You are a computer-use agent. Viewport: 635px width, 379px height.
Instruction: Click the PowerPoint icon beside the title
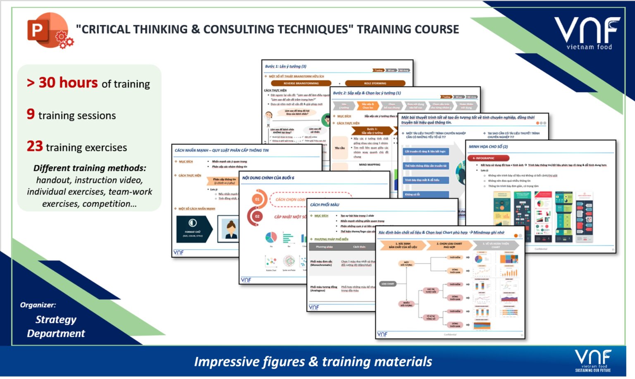pos(49,31)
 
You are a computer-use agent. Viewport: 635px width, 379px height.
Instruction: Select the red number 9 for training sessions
pos(31,114)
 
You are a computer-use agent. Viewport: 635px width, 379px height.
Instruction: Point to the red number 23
pos(35,146)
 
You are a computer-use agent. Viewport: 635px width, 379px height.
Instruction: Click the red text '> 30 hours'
pos(62,83)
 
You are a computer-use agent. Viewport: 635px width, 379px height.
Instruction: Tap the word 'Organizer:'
pos(38,305)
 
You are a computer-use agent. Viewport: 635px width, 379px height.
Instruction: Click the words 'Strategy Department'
pos(56,327)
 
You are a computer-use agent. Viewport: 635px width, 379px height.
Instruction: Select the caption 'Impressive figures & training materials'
pos(313,362)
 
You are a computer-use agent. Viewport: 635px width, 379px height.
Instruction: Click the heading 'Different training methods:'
pos(90,168)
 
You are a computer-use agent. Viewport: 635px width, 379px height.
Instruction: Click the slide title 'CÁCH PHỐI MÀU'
pos(325,205)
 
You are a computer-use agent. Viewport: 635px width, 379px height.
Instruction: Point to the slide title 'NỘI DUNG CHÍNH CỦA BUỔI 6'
pos(268,178)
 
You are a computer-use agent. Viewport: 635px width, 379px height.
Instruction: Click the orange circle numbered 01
pos(257,199)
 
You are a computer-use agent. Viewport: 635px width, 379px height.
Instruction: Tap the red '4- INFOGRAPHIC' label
pos(488,158)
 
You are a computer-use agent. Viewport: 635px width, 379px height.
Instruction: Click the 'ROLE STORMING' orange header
pos(375,83)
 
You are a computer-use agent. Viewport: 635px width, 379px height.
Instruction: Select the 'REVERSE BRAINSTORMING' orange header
pos(301,83)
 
